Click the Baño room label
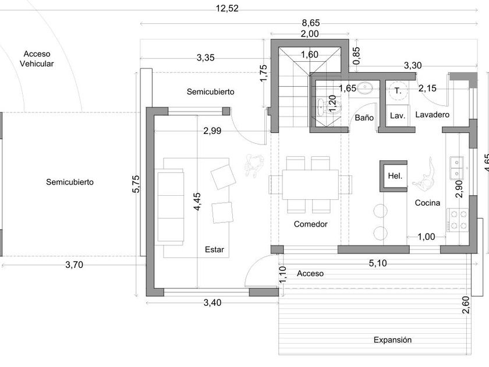[x=364, y=118]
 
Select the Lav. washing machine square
[x=397, y=115]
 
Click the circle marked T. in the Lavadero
[x=398, y=91]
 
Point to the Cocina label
[x=427, y=203]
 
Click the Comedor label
[x=310, y=224]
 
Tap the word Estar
[x=214, y=250]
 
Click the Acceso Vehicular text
[x=37, y=59]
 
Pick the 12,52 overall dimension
[x=227, y=8]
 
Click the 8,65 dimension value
[x=310, y=23]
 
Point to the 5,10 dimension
[x=378, y=263]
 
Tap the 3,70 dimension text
[x=74, y=265]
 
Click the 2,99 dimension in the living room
[x=212, y=131]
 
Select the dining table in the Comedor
[x=310, y=184]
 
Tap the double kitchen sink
[x=458, y=168]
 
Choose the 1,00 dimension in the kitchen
[x=426, y=237]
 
